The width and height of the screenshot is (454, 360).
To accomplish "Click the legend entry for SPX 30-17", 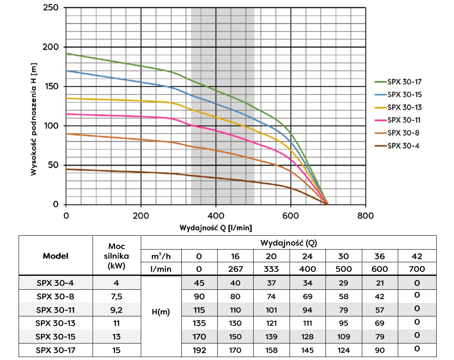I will tap(404, 82).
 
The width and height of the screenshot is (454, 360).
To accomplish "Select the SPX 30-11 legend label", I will tap(404, 120).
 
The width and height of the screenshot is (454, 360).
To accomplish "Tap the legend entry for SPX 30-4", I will tap(404, 146).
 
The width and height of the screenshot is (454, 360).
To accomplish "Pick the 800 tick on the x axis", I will tap(366, 215).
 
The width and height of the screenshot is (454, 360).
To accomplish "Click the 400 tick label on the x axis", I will tap(216, 215).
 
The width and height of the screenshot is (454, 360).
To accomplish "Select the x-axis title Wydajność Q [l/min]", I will tap(216, 228).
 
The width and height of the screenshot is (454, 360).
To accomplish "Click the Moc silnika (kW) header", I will tap(117, 256).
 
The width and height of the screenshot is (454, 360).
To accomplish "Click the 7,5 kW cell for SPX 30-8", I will tap(117, 297).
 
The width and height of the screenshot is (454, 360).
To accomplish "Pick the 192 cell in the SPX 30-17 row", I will tap(199, 350).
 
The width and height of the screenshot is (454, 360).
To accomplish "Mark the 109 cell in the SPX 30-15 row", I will tap(344, 337).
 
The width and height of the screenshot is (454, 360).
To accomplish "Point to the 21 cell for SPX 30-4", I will tap(380, 283).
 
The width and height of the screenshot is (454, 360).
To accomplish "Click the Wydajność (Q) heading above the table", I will tap(288, 243).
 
